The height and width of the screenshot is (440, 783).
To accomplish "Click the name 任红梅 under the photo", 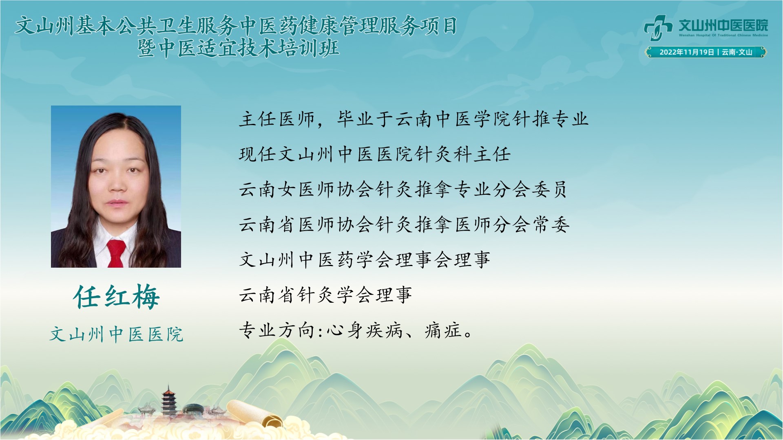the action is pos(117,297).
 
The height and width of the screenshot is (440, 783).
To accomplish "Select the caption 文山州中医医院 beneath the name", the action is pos(117,334).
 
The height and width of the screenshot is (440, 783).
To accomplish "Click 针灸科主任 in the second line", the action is pos(463,155).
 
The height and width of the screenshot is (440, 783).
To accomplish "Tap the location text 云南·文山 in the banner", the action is pos(737,52).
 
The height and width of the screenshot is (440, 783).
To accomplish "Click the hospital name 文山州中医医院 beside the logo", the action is pos(723,25).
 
